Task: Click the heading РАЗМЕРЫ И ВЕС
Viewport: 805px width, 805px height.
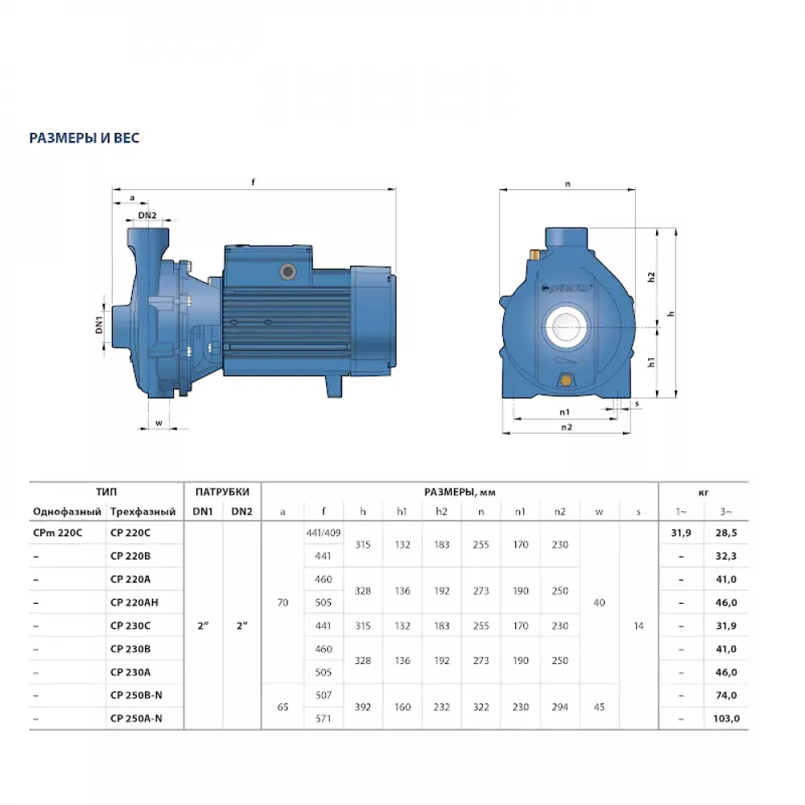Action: (x=84, y=138)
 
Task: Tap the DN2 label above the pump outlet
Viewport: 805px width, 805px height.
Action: (x=147, y=215)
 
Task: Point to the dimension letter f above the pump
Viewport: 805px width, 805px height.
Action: (x=253, y=183)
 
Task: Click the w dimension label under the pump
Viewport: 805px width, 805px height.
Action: (x=159, y=422)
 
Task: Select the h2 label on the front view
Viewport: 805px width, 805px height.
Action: (x=652, y=276)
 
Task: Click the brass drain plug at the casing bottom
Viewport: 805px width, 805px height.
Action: (x=566, y=381)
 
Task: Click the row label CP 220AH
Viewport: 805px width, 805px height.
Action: (x=134, y=601)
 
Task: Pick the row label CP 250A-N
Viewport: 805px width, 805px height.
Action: (x=136, y=717)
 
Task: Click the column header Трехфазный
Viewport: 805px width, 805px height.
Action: (x=142, y=511)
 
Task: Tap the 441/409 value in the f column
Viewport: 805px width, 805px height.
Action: (x=324, y=532)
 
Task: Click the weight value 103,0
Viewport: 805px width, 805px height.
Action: (x=726, y=717)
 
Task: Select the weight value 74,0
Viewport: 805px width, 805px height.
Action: (x=726, y=694)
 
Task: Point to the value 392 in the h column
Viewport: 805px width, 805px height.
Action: (x=363, y=706)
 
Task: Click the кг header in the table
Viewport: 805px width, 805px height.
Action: (x=704, y=492)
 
